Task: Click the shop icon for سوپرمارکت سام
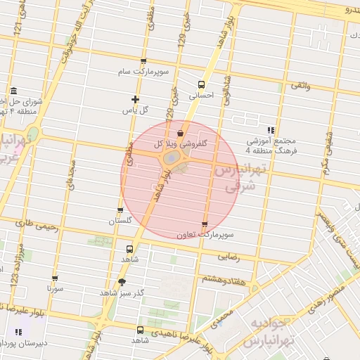143,62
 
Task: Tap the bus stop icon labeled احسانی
202,84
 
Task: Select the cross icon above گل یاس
136,99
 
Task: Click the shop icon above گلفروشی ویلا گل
181,133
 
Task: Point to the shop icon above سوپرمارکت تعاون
205,225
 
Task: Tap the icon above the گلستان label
120,210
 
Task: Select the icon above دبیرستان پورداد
18,332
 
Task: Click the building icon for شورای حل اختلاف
14,91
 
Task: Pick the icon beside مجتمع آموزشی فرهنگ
271,130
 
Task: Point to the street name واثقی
298,85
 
